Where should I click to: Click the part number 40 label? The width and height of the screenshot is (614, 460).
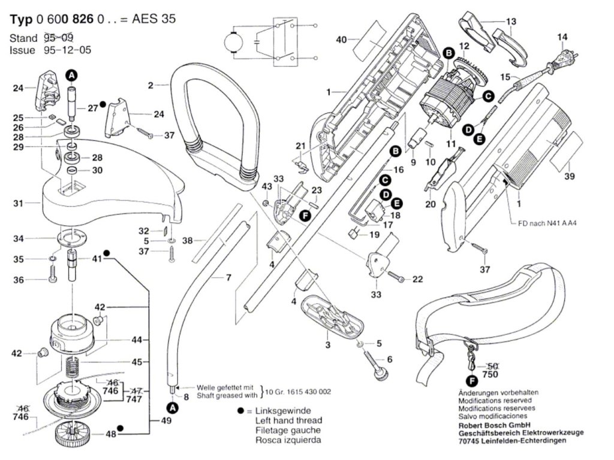click(342, 40)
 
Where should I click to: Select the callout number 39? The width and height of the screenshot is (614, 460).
click(570, 176)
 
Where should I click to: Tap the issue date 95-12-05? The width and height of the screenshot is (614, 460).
click(67, 50)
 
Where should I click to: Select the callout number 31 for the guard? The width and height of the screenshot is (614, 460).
click(19, 204)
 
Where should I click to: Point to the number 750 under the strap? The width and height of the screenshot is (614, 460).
click(491, 374)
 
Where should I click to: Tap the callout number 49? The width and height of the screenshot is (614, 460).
click(165, 421)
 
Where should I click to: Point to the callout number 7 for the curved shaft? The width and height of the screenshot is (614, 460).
click(228, 277)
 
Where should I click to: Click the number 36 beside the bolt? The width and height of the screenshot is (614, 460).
click(19, 280)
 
